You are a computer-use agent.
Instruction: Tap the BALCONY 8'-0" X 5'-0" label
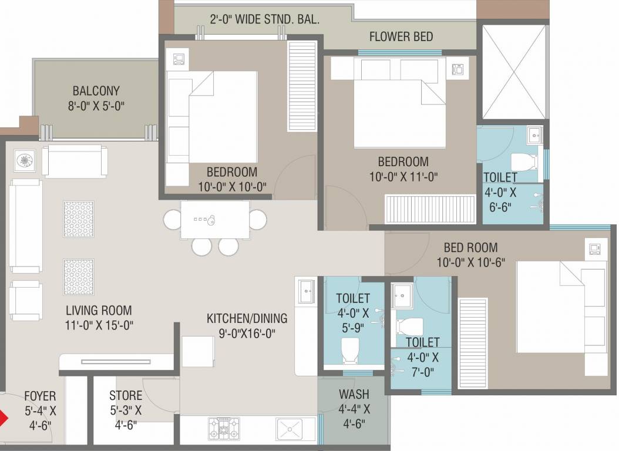(96, 98)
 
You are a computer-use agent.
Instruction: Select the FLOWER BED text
(401, 36)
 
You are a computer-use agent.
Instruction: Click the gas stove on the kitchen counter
(223, 428)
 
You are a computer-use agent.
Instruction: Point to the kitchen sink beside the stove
(290, 429)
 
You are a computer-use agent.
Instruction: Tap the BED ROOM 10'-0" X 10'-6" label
(470, 254)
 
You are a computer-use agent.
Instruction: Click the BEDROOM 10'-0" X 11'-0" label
(403, 168)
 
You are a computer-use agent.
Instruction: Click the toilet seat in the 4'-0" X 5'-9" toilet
(350, 351)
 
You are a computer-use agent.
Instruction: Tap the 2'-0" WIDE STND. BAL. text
(264, 19)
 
